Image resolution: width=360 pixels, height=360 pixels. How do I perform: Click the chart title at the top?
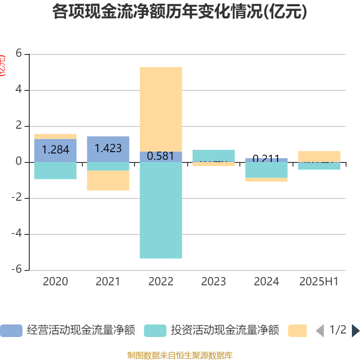coord(180,12)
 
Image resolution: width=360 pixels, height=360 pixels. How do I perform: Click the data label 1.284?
coord(55,150)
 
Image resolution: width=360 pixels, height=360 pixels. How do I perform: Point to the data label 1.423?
coord(108,148)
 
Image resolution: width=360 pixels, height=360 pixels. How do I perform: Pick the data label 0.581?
coord(161,157)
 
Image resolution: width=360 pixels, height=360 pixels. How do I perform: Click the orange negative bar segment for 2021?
coord(108,181)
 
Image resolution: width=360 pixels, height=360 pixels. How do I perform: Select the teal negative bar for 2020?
coord(55,171)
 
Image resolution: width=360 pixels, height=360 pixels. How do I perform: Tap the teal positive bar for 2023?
coord(213,155)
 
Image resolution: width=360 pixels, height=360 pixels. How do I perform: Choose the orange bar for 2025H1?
coord(319,156)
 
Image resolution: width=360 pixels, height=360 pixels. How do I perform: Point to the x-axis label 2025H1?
coord(319,282)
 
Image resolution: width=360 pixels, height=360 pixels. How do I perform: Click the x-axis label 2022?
coord(161,282)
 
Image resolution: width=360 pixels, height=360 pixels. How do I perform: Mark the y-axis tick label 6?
coord(18,54)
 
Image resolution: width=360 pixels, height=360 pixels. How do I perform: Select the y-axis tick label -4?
coord(17,234)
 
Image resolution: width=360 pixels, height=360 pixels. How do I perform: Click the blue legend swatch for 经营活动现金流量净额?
coord(11,331)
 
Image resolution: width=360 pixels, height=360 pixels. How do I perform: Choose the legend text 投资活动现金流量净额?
coord(225,331)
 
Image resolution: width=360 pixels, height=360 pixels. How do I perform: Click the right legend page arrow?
coord(355,331)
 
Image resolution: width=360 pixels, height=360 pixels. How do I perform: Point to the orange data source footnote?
coord(180,355)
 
